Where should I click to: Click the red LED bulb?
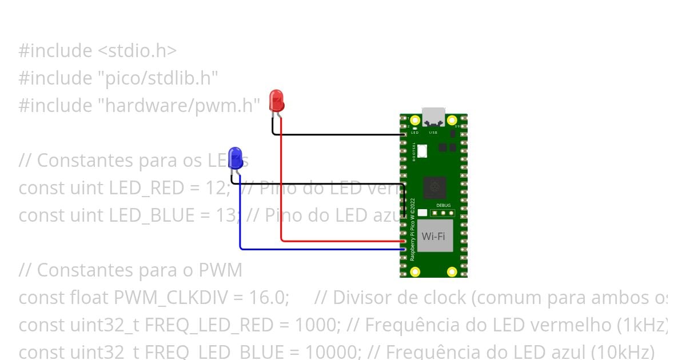(276, 100)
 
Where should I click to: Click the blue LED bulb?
(235, 157)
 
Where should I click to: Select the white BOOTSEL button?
(422, 151)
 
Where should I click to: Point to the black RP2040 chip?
(434, 187)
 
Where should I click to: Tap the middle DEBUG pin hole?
(443, 213)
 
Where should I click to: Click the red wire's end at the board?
(403, 241)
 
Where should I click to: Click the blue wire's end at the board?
(404, 249)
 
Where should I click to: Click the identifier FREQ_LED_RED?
(209, 325)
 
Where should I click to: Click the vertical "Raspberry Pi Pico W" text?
(413, 229)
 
